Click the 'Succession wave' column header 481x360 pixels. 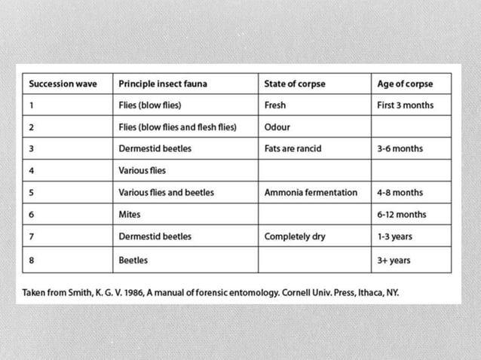tap(63, 84)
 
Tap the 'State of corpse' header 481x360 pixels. tap(295, 84)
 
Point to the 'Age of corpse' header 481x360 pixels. tap(405, 84)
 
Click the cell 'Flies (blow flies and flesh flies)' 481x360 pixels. tap(177, 127)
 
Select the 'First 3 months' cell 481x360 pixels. tap(405, 105)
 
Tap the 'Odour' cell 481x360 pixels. tap(277, 127)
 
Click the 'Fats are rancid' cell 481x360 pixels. tap(293, 148)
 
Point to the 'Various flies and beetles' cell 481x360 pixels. tap(166, 193)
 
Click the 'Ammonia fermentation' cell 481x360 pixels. tap(311, 193)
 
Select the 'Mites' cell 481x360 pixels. tap(130, 215)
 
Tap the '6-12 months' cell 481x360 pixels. tap(401, 215)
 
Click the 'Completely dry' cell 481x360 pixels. tap(295, 236)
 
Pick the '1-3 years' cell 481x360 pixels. tap(394, 236)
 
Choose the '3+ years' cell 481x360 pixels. tap(393, 261)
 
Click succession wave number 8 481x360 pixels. tap(32, 261)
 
